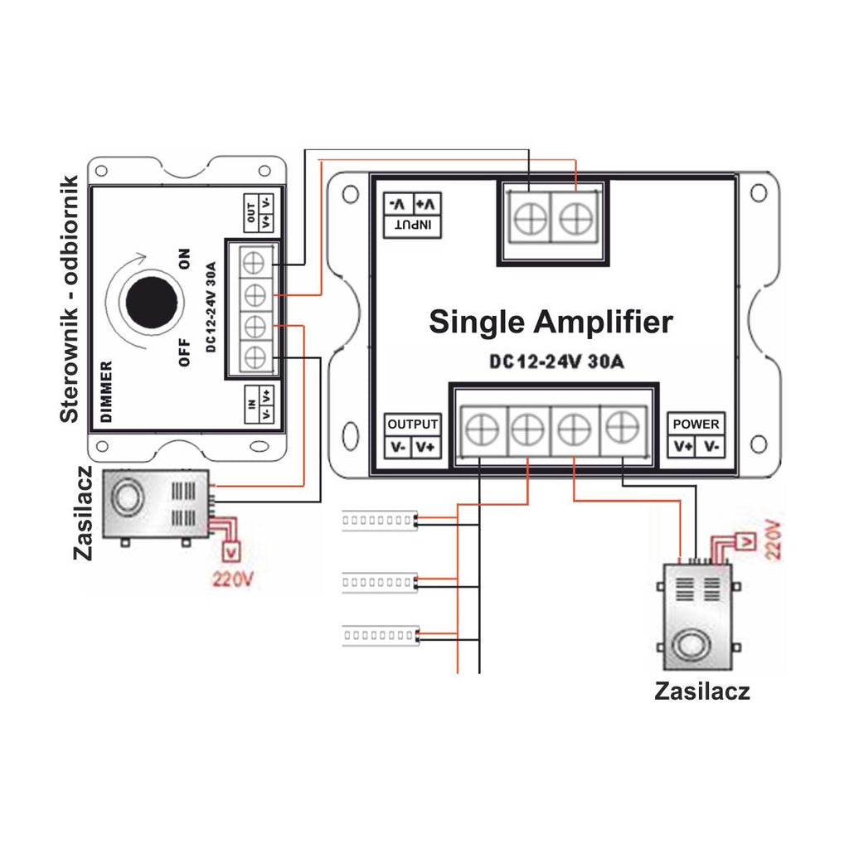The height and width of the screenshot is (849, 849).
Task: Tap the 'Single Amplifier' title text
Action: click(x=551, y=323)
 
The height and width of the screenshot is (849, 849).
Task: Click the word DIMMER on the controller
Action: click(x=107, y=391)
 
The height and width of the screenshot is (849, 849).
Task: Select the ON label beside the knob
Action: click(x=185, y=259)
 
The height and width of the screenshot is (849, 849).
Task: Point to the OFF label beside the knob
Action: click(x=185, y=352)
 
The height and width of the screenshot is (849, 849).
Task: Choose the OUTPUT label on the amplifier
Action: click(x=413, y=424)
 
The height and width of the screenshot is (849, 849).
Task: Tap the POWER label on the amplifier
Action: click(x=696, y=424)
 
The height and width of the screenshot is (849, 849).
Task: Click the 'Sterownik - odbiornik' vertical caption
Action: click(x=70, y=298)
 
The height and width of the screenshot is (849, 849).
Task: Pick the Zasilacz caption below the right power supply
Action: click(x=701, y=691)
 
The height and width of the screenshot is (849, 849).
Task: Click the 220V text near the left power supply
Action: click(x=232, y=580)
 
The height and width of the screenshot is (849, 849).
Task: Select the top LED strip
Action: click(x=380, y=521)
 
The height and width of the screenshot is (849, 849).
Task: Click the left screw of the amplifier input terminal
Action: click(x=531, y=219)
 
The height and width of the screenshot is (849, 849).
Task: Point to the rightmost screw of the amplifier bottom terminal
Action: click(x=623, y=427)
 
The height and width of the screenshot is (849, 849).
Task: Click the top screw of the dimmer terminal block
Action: click(x=255, y=264)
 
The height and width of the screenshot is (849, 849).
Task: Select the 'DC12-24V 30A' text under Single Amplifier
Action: click(x=556, y=361)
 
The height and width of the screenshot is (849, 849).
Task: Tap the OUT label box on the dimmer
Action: click(x=259, y=212)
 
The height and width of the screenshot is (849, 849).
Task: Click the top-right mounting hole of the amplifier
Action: click(x=759, y=192)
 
